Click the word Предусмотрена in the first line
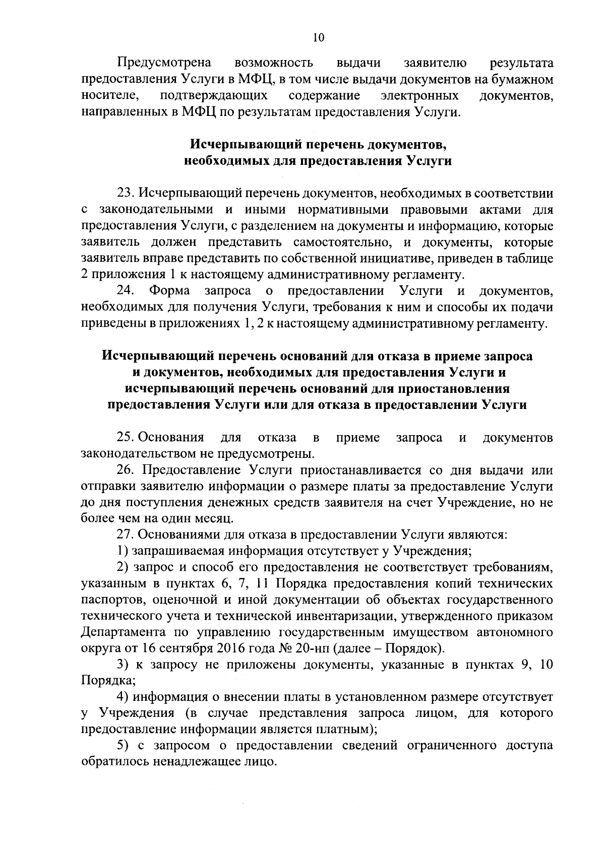click(x=164, y=63)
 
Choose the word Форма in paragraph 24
click(x=170, y=291)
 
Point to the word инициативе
click(x=390, y=259)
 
